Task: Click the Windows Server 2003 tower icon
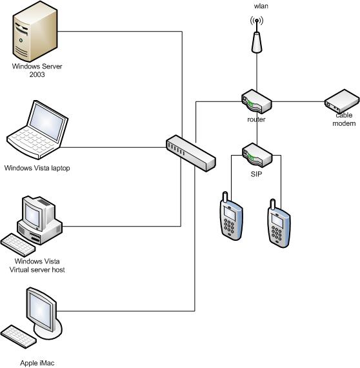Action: point(35,32)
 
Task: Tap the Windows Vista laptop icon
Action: point(37,130)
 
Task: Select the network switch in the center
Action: point(191,153)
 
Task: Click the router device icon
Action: point(257,101)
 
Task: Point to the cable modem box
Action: point(342,101)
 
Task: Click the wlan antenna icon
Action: point(257,35)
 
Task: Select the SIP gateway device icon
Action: point(257,155)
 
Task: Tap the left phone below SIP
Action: point(231,216)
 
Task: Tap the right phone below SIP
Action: point(279,223)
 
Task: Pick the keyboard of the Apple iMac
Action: point(18,336)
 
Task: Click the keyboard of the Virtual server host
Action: point(18,245)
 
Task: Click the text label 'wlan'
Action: point(261,6)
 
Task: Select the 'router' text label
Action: point(256,119)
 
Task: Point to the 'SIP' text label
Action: point(256,174)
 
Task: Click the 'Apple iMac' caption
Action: point(37,363)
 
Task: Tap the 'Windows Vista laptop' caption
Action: point(37,168)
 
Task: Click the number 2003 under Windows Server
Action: point(37,75)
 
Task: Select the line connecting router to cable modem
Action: point(298,101)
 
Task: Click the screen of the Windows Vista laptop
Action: point(47,122)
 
